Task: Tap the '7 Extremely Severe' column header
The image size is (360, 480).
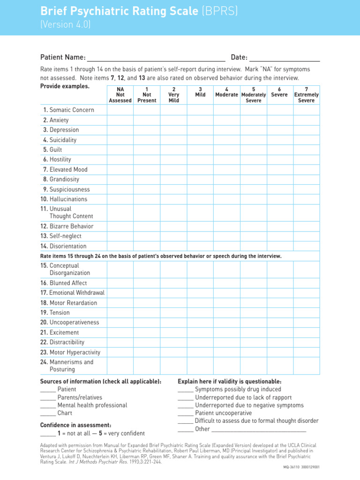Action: [x=306, y=95]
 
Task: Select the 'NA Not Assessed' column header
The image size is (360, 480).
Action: [x=120, y=95]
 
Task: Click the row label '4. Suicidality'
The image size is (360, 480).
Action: [x=60, y=140]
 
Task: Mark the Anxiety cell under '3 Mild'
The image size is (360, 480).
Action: [x=200, y=120]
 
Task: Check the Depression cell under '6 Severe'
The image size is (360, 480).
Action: [x=280, y=130]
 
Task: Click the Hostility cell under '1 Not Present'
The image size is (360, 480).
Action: [x=147, y=159]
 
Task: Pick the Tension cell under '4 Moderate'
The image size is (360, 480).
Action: [x=226, y=313]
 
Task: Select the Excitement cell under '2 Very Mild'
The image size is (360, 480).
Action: [x=173, y=332]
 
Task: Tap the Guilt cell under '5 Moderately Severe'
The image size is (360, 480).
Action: [x=253, y=150]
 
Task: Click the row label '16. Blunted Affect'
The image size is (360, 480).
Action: [x=64, y=283]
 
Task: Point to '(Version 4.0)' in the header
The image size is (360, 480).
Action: [x=65, y=25]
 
